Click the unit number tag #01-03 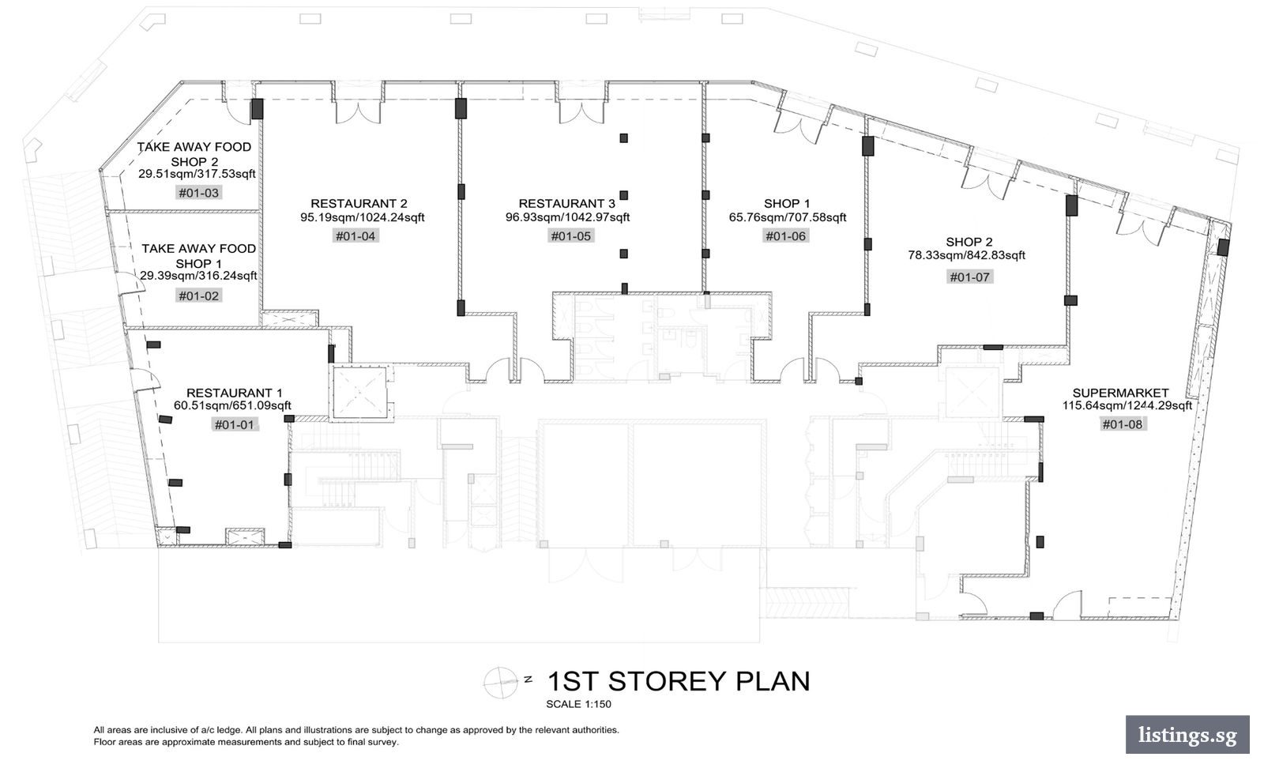pyautogui.click(x=198, y=193)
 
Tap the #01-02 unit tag pyautogui.click(x=198, y=296)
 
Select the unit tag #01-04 pyautogui.click(x=355, y=236)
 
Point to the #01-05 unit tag pyautogui.click(x=570, y=236)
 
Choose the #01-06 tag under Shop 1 pyautogui.click(x=785, y=236)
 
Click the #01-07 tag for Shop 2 pyautogui.click(x=969, y=277)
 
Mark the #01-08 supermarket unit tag pyautogui.click(x=1122, y=424)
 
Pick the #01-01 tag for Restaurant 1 pyautogui.click(x=235, y=424)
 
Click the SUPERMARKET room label pyautogui.click(x=1120, y=393)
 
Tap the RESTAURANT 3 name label pyautogui.click(x=567, y=203)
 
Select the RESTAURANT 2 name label pyautogui.click(x=359, y=203)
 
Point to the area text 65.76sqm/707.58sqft pyautogui.click(x=787, y=217)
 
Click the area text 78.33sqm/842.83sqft pyautogui.click(x=967, y=255)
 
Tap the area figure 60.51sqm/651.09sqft pyautogui.click(x=232, y=405)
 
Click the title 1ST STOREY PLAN pyautogui.click(x=679, y=681)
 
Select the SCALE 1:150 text pyautogui.click(x=578, y=704)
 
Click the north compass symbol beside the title pyautogui.click(x=501, y=682)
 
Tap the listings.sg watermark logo pyautogui.click(x=1187, y=734)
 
